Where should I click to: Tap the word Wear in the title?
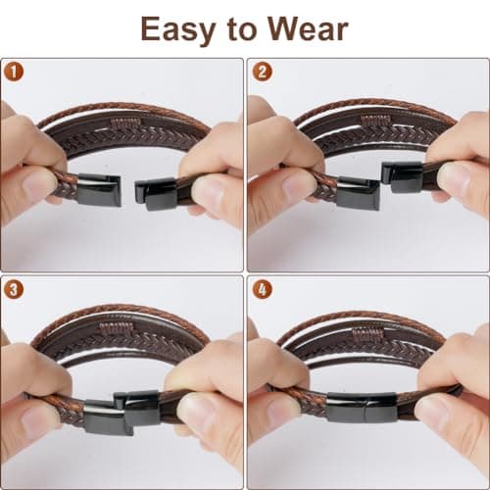[308, 28]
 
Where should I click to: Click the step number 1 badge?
[14, 72]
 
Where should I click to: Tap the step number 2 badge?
[262, 72]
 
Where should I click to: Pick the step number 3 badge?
[14, 289]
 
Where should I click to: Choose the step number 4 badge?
[262, 289]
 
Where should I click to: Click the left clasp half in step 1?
[99, 190]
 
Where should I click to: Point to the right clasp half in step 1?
[157, 193]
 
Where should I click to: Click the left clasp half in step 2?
[359, 194]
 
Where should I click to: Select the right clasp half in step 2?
[403, 176]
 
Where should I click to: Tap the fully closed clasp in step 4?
[362, 407]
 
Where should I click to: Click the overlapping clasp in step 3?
[122, 413]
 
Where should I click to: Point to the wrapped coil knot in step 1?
[125, 123]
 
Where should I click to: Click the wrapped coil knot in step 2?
[375, 121]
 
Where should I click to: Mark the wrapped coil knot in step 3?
[117, 327]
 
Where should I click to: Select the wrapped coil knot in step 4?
[367, 335]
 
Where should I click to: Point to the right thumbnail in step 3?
[196, 410]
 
